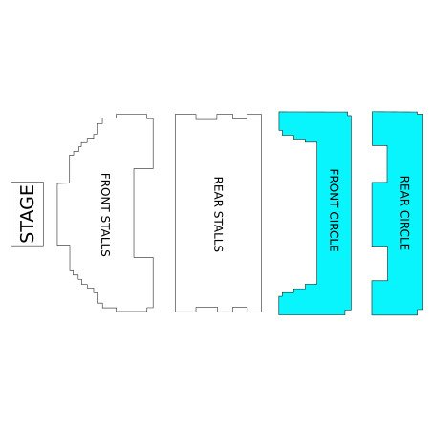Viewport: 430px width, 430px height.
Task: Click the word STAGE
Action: pos(27,214)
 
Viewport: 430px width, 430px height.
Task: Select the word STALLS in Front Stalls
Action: pos(105,236)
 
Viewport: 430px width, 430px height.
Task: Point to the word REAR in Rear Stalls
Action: pos(218,191)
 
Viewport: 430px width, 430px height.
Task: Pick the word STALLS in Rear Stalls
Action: pos(218,231)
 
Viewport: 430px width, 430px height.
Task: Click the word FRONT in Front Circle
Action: pos(333,188)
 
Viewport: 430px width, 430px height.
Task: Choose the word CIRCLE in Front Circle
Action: pos(333,231)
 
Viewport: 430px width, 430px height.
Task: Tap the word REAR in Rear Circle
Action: pos(404,190)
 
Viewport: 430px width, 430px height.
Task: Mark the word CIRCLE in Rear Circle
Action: pos(404,229)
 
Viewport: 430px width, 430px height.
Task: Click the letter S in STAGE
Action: pos(27,237)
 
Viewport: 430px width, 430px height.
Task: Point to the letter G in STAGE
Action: pos(27,203)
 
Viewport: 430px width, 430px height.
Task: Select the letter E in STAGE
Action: pos(27,190)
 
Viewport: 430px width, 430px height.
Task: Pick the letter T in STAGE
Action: pos(27,226)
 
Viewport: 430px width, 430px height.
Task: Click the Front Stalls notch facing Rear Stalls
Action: pos(143,213)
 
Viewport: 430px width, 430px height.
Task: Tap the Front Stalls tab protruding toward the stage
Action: pos(63,214)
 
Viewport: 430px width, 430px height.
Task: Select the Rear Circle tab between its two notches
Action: pos(379,214)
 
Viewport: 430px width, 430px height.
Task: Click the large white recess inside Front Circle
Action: pos(298,213)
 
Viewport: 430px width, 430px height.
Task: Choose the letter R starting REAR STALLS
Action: pos(218,181)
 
